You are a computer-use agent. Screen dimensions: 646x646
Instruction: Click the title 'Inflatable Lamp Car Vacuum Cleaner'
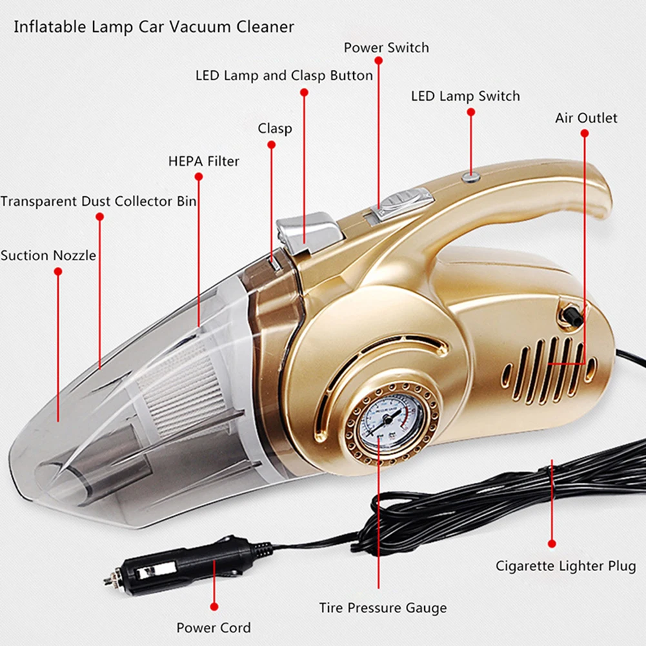click(154, 27)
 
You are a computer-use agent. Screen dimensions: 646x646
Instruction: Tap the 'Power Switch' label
click(386, 48)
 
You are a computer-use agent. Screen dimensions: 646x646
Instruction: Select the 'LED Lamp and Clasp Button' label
click(284, 76)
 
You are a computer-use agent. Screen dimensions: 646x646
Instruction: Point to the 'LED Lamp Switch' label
click(465, 97)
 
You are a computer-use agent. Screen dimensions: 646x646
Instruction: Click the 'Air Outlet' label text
click(586, 118)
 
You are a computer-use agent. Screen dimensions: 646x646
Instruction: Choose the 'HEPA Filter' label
click(203, 161)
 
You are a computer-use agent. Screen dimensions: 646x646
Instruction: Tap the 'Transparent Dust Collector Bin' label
click(99, 201)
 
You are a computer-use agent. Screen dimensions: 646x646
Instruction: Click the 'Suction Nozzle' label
click(48, 256)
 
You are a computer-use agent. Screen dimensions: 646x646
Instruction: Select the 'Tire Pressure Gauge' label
click(383, 608)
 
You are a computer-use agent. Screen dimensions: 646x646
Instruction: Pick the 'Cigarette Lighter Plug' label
click(565, 567)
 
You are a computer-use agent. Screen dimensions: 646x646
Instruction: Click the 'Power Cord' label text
click(214, 627)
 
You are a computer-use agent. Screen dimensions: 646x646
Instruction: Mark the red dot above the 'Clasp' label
click(271, 145)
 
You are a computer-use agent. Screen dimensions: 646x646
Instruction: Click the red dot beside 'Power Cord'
click(214, 607)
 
